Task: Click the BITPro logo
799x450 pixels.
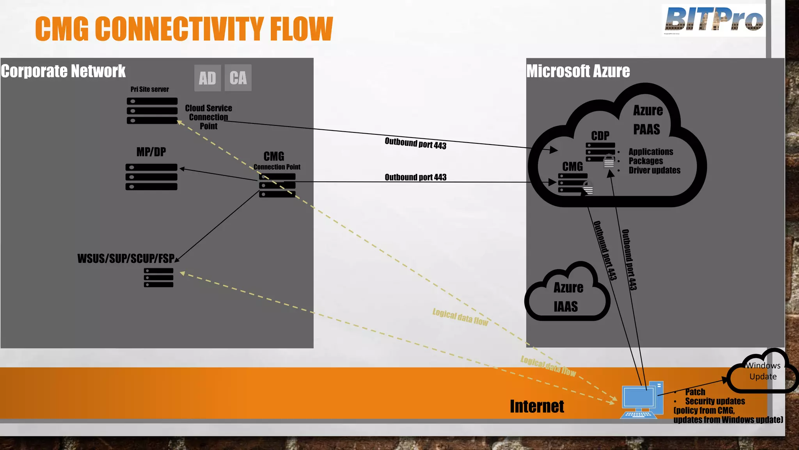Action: click(714, 20)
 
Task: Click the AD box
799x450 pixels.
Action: click(207, 78)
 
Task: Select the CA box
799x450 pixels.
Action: click(238, 78)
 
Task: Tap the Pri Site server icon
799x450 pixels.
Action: click(152, 111)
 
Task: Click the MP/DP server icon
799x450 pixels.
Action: click(151, 177)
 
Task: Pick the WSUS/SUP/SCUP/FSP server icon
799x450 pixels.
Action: click(158, 278)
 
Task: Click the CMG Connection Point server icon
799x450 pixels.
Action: click(277, 186)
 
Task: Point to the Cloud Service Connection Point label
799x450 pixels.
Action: click(208, 117)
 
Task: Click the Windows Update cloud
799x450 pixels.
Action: click(763, 371)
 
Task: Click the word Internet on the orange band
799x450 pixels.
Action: click(537, 406)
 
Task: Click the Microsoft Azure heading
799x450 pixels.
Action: click(578, 71)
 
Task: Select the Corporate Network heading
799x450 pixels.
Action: click(63, 71)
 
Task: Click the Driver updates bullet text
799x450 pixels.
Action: click(654, 170)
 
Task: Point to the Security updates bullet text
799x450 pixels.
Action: click(715, 401)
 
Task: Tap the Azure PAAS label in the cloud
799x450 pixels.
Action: click(647, 120)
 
